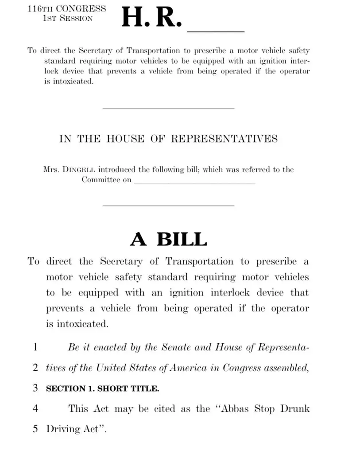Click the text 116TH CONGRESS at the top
point(66,9)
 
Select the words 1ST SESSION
point(68,19)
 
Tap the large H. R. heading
point(151,18)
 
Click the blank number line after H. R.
point(216,31)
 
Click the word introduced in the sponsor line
point(117,169)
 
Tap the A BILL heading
point(168,239)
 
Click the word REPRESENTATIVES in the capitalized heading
point(224,139)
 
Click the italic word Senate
point(177,347)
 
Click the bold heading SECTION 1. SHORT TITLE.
point(102,389)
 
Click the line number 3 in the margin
point(35,388)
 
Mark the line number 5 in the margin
point(35,429)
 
